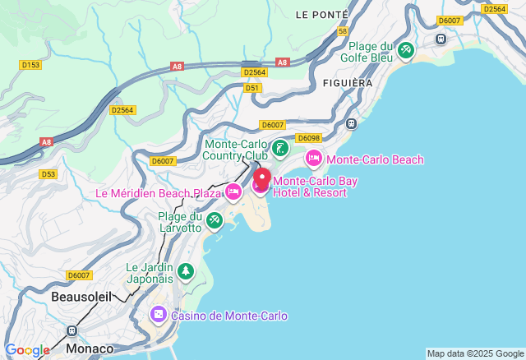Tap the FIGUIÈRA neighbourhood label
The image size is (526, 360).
point(348,83)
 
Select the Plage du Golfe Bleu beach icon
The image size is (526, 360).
point(405,51)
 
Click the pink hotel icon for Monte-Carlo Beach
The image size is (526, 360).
point(313,159)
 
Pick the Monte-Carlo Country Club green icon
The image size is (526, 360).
point(281,149)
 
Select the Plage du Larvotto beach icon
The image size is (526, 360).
point(215,220)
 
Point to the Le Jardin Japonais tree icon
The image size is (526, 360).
point(186,272)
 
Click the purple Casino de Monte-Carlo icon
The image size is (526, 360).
point(158,315)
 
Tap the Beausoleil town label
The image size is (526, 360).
point(81,295)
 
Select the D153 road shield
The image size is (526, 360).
point(30,64)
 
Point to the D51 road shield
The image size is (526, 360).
point(252,87)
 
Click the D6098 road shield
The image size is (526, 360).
point(307,138)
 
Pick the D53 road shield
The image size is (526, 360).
point(48,173)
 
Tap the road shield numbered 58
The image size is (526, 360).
point(343,30)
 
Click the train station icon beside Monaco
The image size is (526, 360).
point(72,330)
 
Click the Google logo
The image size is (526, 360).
point(27,350)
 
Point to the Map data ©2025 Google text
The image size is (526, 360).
point(474,353)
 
